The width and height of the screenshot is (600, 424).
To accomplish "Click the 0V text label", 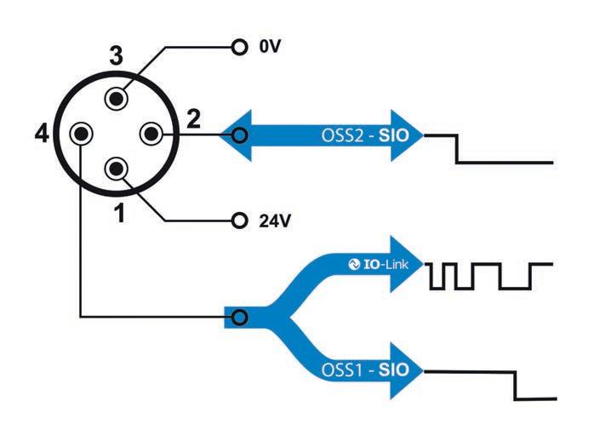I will pyautogui.click(x=269, y=48).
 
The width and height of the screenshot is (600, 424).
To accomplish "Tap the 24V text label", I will pyautogui.click(x=274, y=221).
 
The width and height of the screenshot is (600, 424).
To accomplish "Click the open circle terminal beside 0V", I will pyautogui.click(x=238, y=48).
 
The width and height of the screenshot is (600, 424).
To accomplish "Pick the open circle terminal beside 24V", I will pyautogui.click(x=238, y=221).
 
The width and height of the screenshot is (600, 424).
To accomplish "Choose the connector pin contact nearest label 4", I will pyautogui.click(x=82, y=134).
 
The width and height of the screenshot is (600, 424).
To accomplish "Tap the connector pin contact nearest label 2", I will pyautogui.click(x=151, y=134).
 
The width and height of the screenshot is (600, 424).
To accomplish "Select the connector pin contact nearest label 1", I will pyautogui.click(x=116, y=167).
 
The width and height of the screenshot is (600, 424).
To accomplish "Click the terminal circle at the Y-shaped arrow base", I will pyautogui.click(x=240, y=318).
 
